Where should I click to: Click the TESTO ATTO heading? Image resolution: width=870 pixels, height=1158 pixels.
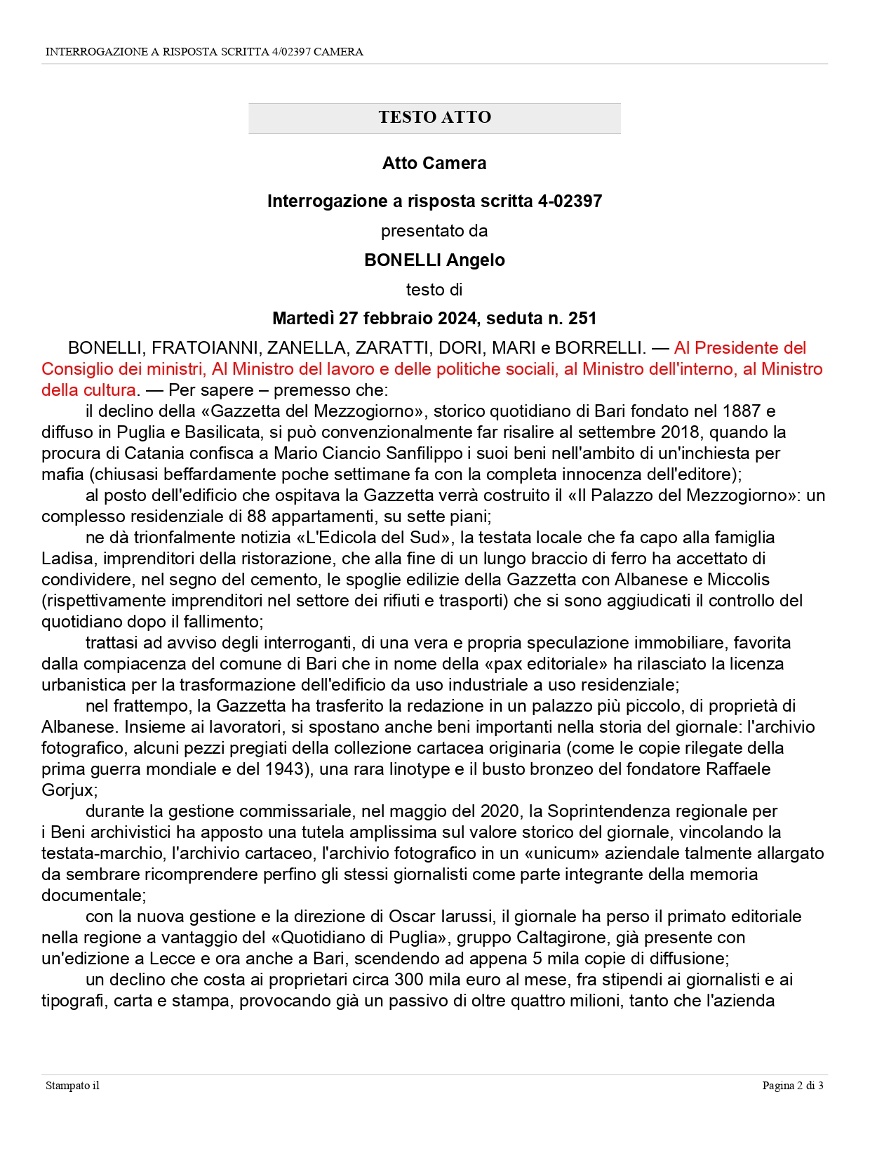click(434, 117)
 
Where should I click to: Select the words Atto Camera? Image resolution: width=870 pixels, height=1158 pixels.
click(434, 164)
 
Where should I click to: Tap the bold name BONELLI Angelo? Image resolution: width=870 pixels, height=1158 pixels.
click(434, 260)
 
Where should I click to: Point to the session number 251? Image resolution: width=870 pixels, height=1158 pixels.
click(582, 319)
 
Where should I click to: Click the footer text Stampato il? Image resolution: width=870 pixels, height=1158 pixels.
click(72, 1086)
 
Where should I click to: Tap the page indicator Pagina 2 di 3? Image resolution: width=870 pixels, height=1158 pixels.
click(793, 1086)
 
